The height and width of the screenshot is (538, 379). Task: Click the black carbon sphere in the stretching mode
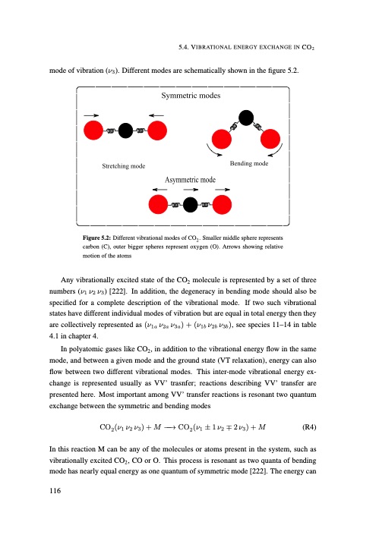coord(126,130)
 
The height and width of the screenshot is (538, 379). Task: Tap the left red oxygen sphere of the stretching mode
coord(94,130)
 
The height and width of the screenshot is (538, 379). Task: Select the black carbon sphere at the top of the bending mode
coord(245,117)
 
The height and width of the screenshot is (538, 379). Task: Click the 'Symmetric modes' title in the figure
coord(191,98)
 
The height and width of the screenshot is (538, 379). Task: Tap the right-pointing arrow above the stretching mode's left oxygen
coord(92,115)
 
